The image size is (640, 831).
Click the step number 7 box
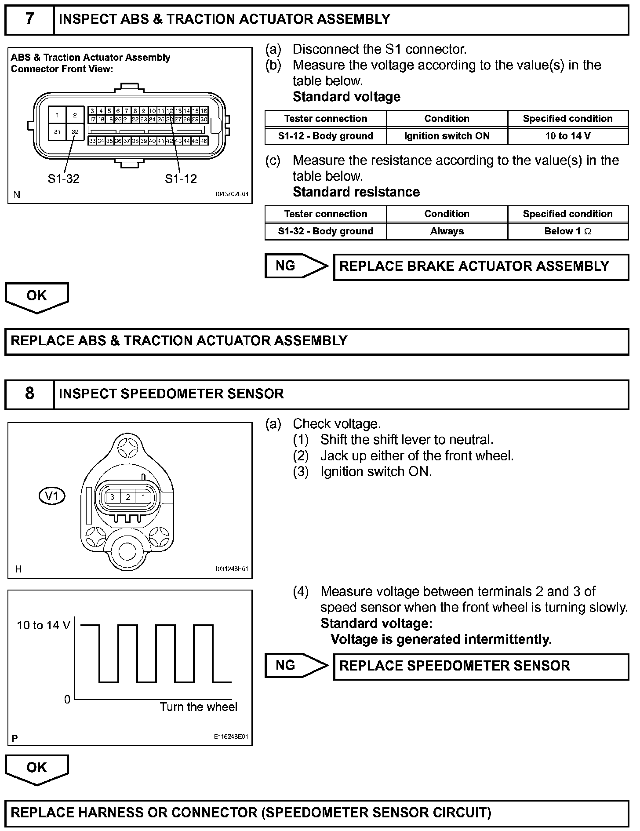(29, 19)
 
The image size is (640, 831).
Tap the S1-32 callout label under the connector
(63, 179)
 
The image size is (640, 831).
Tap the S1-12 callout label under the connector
(181, 179)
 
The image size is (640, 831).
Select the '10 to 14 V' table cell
(567, 136)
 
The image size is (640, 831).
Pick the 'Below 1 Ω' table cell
(567, 231)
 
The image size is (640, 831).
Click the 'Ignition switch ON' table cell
(447, 136)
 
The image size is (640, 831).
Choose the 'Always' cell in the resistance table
(447, 231)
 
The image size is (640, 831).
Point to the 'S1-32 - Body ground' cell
(325, 231)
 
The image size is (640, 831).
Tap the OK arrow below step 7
(37, 297)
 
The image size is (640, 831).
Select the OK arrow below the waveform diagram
(37, 769)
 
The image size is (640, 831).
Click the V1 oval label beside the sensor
(52, 496)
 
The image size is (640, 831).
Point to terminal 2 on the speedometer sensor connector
(128, 497)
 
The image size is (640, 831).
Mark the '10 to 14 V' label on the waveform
(44, 625)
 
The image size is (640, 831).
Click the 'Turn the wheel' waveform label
(198, 707)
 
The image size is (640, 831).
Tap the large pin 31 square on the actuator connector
(57, 131)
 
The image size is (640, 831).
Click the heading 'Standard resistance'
(356, 192)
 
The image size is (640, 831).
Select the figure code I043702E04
(232, 194)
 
